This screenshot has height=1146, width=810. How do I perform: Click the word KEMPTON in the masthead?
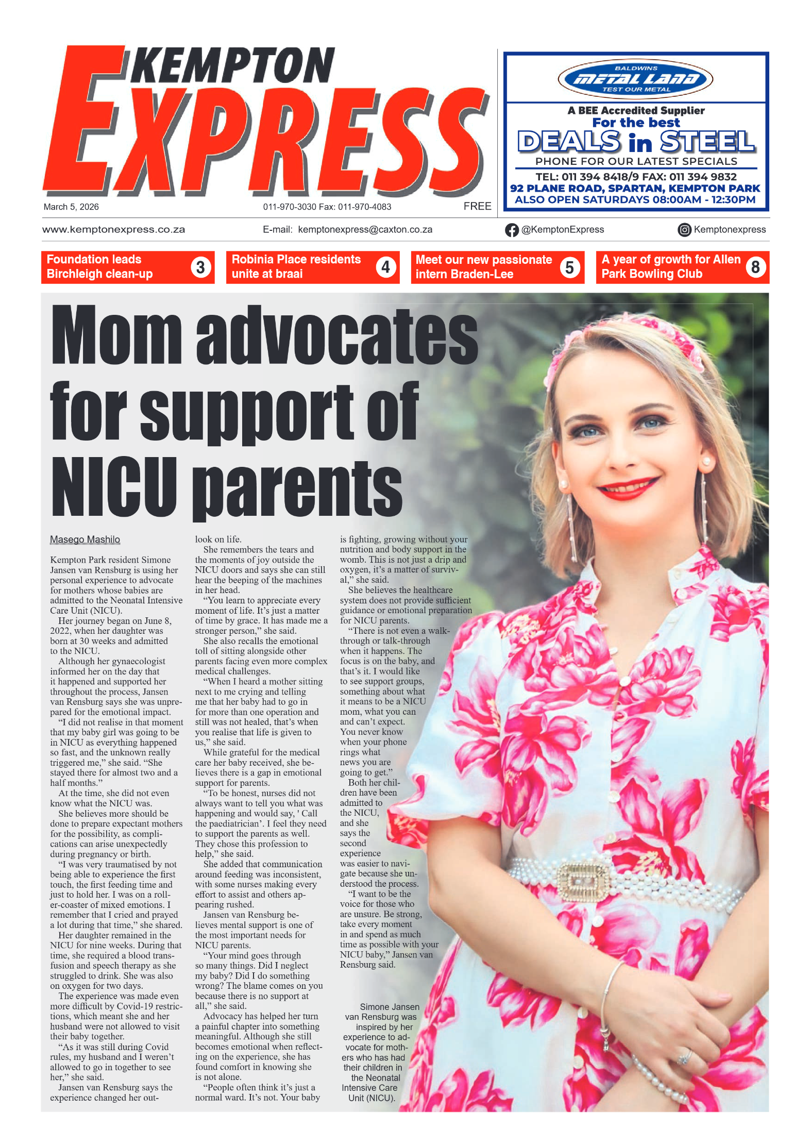click(x=233, y=66)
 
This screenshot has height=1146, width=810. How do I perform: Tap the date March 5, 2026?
click(x=71, y=207)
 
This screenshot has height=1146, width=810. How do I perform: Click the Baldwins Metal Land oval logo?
click(x=635, y=79)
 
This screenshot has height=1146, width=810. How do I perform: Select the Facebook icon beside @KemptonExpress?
click(x=511, y=230)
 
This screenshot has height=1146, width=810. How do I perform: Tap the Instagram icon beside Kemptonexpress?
click(x=684, y=230)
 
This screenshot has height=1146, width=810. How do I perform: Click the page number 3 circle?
click(x=200, y=267)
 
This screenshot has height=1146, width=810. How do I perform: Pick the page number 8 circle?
click(x=755, y=267)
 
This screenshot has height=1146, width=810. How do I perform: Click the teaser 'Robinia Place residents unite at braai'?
click(x=296, y=266)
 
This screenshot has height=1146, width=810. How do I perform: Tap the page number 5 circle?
click(x=569, y=267)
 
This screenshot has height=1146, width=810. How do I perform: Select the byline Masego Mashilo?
click(x=85, y=540)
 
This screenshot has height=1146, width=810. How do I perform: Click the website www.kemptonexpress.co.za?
click(x=113, y=230)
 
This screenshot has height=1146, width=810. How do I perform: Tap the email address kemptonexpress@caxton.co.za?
click(x=365, y=230)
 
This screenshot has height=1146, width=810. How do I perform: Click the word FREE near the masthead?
click(x=477, y=206)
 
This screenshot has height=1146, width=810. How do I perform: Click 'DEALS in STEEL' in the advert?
click(x=636, y=142)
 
